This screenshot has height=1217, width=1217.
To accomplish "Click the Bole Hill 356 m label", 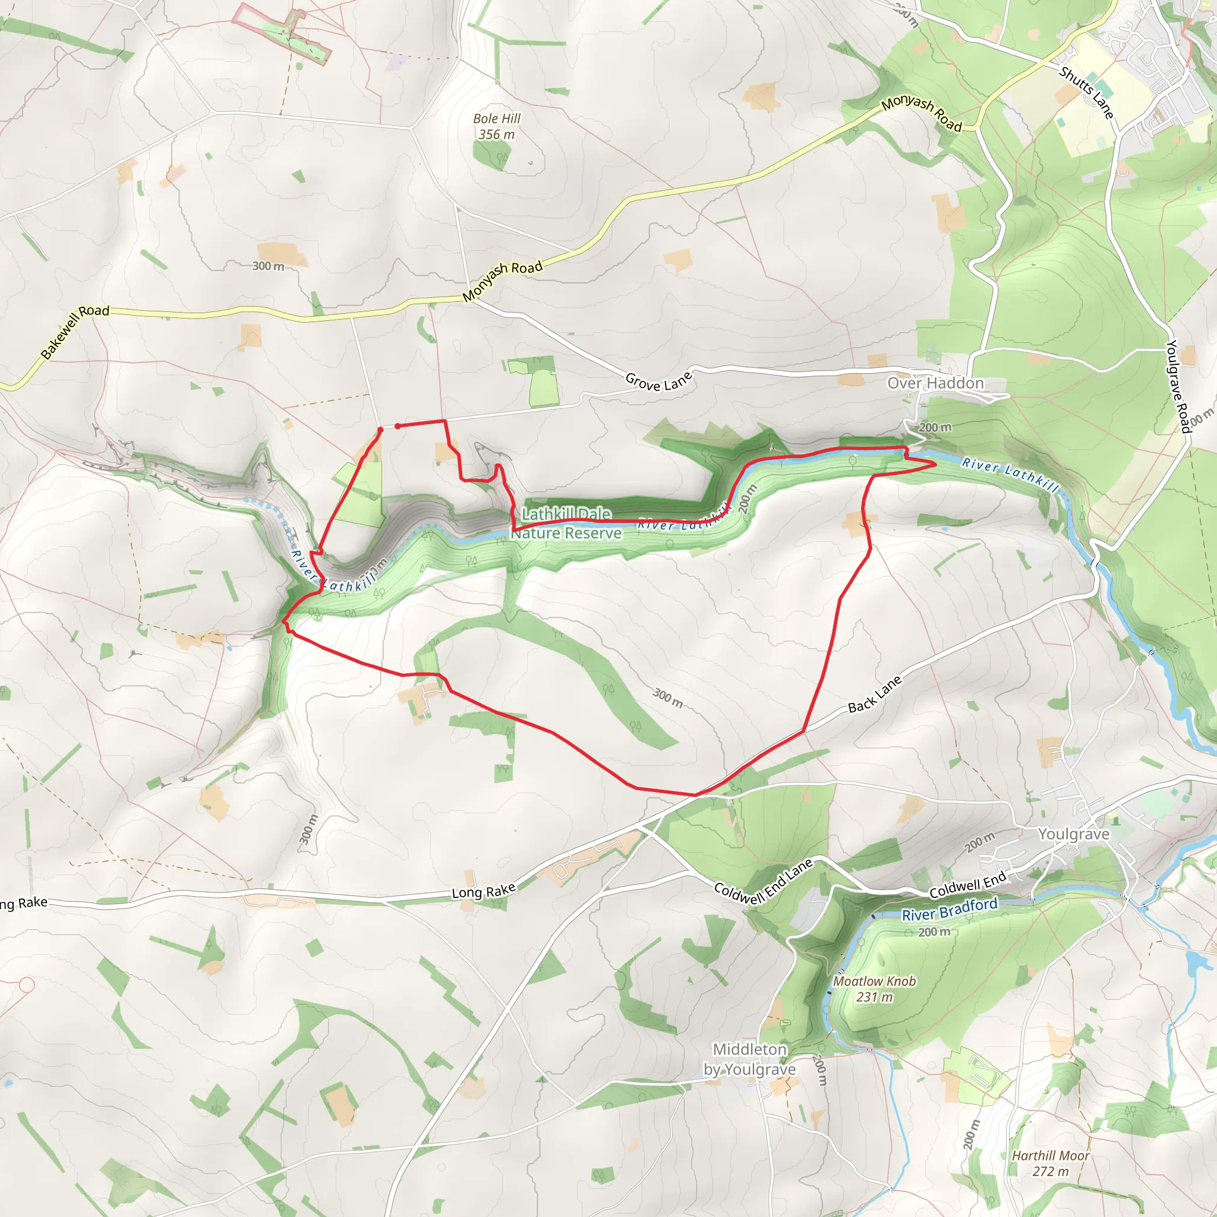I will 496,126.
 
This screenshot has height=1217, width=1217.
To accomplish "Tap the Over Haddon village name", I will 935,383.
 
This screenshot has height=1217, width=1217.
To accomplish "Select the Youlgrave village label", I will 1073,834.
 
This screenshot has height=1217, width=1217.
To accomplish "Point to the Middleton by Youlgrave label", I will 749,1059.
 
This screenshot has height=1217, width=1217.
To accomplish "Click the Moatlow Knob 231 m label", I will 874,989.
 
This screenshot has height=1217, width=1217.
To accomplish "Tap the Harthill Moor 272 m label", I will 1050,1164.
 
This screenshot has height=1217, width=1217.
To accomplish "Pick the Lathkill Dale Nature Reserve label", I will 566,524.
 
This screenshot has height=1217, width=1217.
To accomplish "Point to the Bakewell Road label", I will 75,332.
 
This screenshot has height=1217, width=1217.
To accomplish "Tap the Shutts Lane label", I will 1086,93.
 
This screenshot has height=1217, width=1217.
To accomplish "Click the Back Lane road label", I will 874,694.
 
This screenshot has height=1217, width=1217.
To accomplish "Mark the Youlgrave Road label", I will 1177,386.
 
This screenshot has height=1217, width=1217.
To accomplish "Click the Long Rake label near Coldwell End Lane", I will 484,890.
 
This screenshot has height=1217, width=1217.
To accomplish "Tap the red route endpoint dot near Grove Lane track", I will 398,427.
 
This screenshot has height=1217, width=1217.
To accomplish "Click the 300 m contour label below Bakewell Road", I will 268,266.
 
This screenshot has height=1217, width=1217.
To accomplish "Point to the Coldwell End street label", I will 967,885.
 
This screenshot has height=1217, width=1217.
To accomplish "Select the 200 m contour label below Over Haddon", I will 935,427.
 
